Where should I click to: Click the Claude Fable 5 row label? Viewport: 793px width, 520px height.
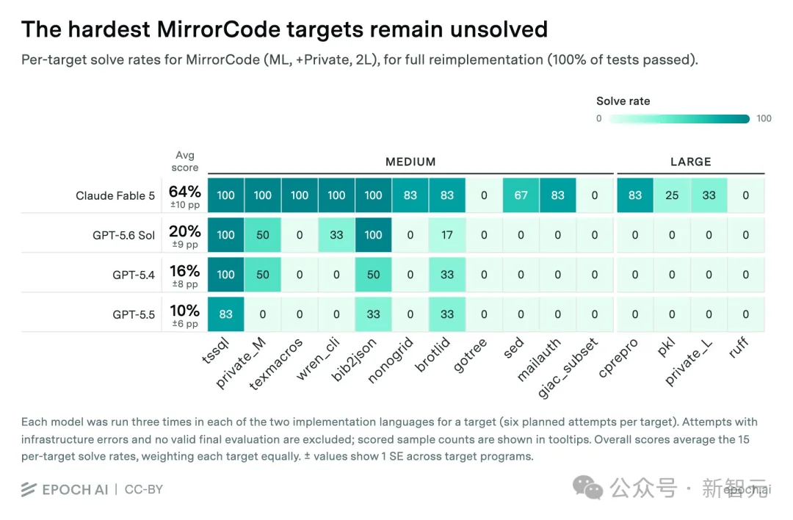[115, 196]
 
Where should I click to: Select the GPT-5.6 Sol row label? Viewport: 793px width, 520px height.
[123, 235]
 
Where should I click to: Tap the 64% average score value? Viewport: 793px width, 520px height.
[184, 192]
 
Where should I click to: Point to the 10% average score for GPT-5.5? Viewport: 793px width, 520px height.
[184, 311]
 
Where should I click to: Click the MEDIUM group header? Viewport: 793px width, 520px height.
[410, 162]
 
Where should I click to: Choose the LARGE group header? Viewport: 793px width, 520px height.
[690, 162]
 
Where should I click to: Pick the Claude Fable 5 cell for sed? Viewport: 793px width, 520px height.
[521, 195]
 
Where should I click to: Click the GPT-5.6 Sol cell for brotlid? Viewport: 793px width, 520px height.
[447, 235]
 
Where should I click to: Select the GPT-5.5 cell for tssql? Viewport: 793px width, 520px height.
[225, 314]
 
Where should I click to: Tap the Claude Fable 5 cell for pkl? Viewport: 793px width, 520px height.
[672, 195]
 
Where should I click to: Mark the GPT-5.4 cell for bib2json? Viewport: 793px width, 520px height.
[373, 275]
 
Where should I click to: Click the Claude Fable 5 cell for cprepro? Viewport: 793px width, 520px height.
[635, 195]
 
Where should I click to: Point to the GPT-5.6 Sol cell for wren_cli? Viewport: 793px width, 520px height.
[336, 235]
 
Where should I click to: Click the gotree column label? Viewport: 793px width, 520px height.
[470, 355]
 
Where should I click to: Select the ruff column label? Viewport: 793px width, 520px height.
[739, 348]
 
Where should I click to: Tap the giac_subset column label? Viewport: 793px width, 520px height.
[568, 368]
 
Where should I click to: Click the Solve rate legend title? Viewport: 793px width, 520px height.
[623, 101]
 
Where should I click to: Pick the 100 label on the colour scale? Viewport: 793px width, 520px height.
[764, 119]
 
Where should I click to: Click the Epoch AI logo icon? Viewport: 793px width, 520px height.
[29, 489]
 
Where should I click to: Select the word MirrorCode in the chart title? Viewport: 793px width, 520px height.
[219, 29]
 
